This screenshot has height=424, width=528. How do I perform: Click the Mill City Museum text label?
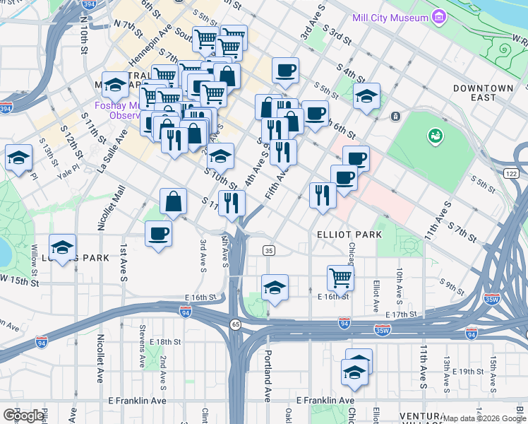tap(391, 17)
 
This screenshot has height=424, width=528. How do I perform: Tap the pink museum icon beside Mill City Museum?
tap(440, 16)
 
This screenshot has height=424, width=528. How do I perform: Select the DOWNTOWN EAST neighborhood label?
tap(484, 93)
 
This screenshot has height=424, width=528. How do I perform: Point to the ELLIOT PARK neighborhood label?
tap(349, 234)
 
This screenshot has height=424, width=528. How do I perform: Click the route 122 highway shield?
tap(512, 173)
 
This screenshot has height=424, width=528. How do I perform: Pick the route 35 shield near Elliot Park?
tap(268, 250)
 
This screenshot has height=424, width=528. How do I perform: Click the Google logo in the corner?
tap(23, 415)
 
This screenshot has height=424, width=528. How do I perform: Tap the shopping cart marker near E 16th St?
tap(340, 276)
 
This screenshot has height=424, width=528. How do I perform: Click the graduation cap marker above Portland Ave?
tap(275, 287)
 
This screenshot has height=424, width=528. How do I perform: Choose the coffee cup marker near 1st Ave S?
tap(158, 233)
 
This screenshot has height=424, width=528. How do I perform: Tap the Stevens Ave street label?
tap(142, 355)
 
